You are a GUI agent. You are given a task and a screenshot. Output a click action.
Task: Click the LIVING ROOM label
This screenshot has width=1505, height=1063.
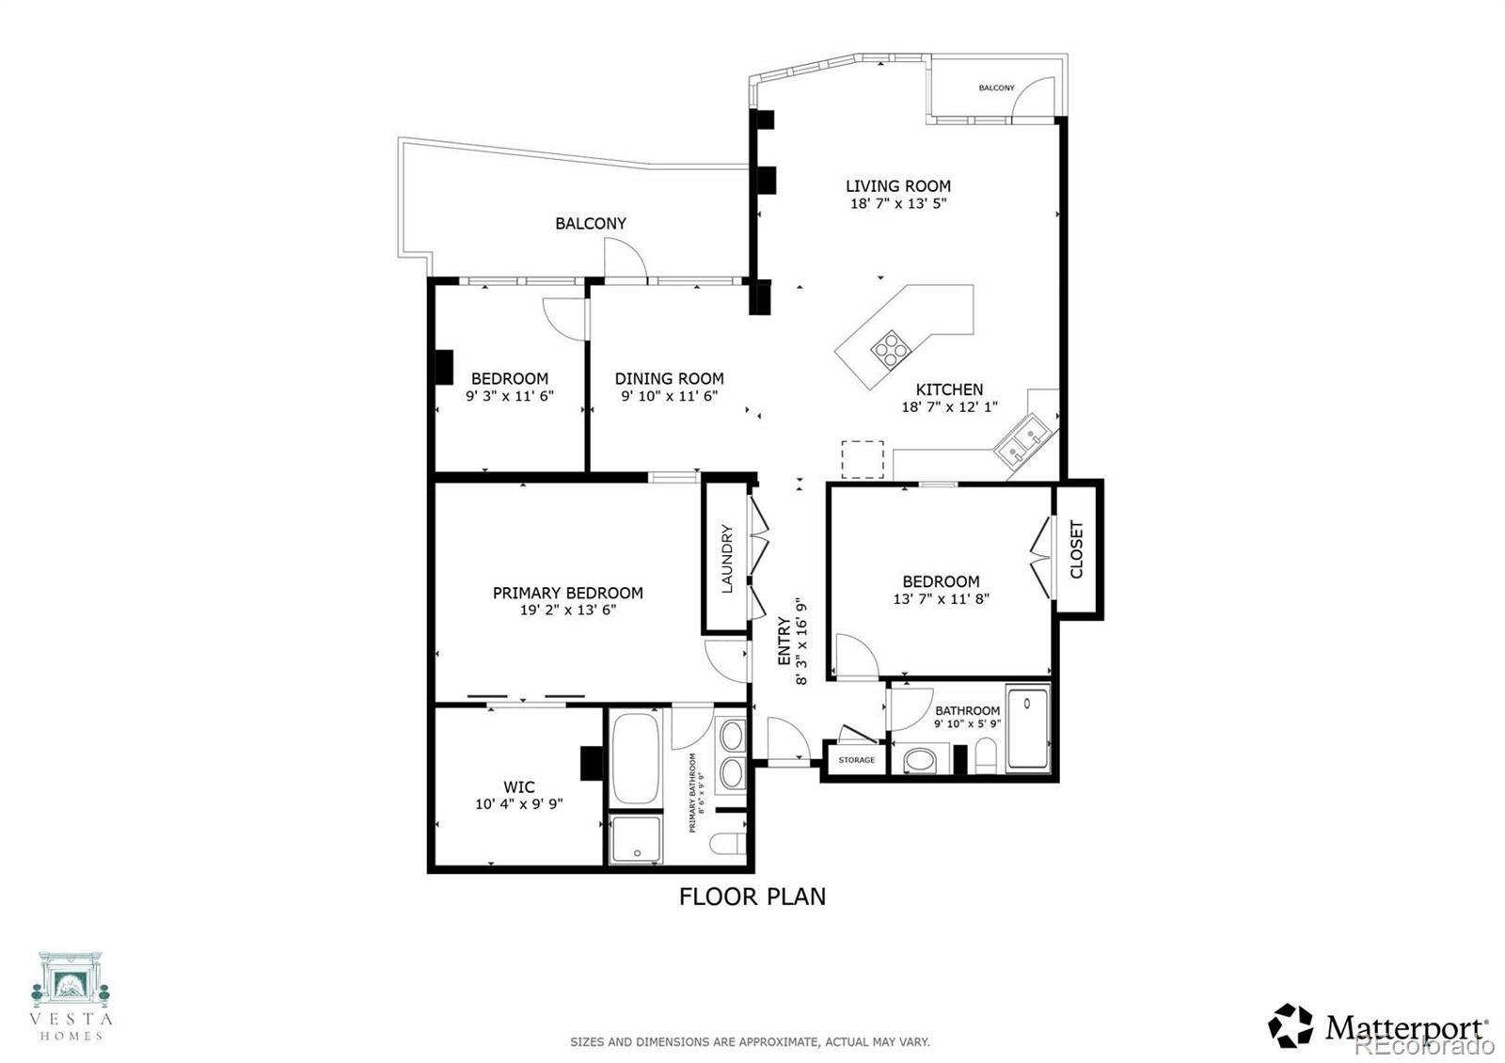click(897, 186)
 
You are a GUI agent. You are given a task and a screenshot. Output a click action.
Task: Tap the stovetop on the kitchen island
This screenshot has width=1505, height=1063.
click(890, 350)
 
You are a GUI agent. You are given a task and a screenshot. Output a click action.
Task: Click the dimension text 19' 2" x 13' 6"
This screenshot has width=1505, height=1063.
click(568, 610)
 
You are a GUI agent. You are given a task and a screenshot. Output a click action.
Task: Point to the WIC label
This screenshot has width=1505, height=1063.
click(518, 787)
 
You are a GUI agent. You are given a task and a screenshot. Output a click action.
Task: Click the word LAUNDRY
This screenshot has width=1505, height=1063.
click(726, 558)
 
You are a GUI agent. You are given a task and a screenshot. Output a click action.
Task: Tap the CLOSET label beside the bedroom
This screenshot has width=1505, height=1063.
click(1077, 549)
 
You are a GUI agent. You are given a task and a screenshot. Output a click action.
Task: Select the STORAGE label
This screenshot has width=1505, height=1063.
click(856, 760)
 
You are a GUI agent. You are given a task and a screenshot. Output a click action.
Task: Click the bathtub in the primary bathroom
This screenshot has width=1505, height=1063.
click(637, 758)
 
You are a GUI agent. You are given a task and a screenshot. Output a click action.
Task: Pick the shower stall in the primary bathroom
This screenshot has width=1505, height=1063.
click(635, 839)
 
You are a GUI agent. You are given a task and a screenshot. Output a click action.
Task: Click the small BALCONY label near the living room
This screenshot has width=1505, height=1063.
click(996, 88)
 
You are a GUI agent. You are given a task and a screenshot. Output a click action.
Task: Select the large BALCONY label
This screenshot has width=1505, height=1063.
click(590, 224)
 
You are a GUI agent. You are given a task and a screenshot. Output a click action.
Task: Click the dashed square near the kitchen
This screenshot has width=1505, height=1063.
click(862, 460)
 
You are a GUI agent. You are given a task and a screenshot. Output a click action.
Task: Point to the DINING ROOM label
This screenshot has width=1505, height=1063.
click(669, 379)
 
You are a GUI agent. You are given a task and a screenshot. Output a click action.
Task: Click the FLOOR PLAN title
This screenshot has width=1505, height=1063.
click(752, 896)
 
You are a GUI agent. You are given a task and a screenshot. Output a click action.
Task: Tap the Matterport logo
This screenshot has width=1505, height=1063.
click(1378, 1026)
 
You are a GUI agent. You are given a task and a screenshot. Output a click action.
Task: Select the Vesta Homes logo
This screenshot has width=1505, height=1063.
click(71, 995)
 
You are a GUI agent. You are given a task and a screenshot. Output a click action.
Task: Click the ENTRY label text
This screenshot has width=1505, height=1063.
click(784, 642)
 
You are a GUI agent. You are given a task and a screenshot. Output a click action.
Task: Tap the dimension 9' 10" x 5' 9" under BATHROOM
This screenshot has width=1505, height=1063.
click(967, 724)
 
